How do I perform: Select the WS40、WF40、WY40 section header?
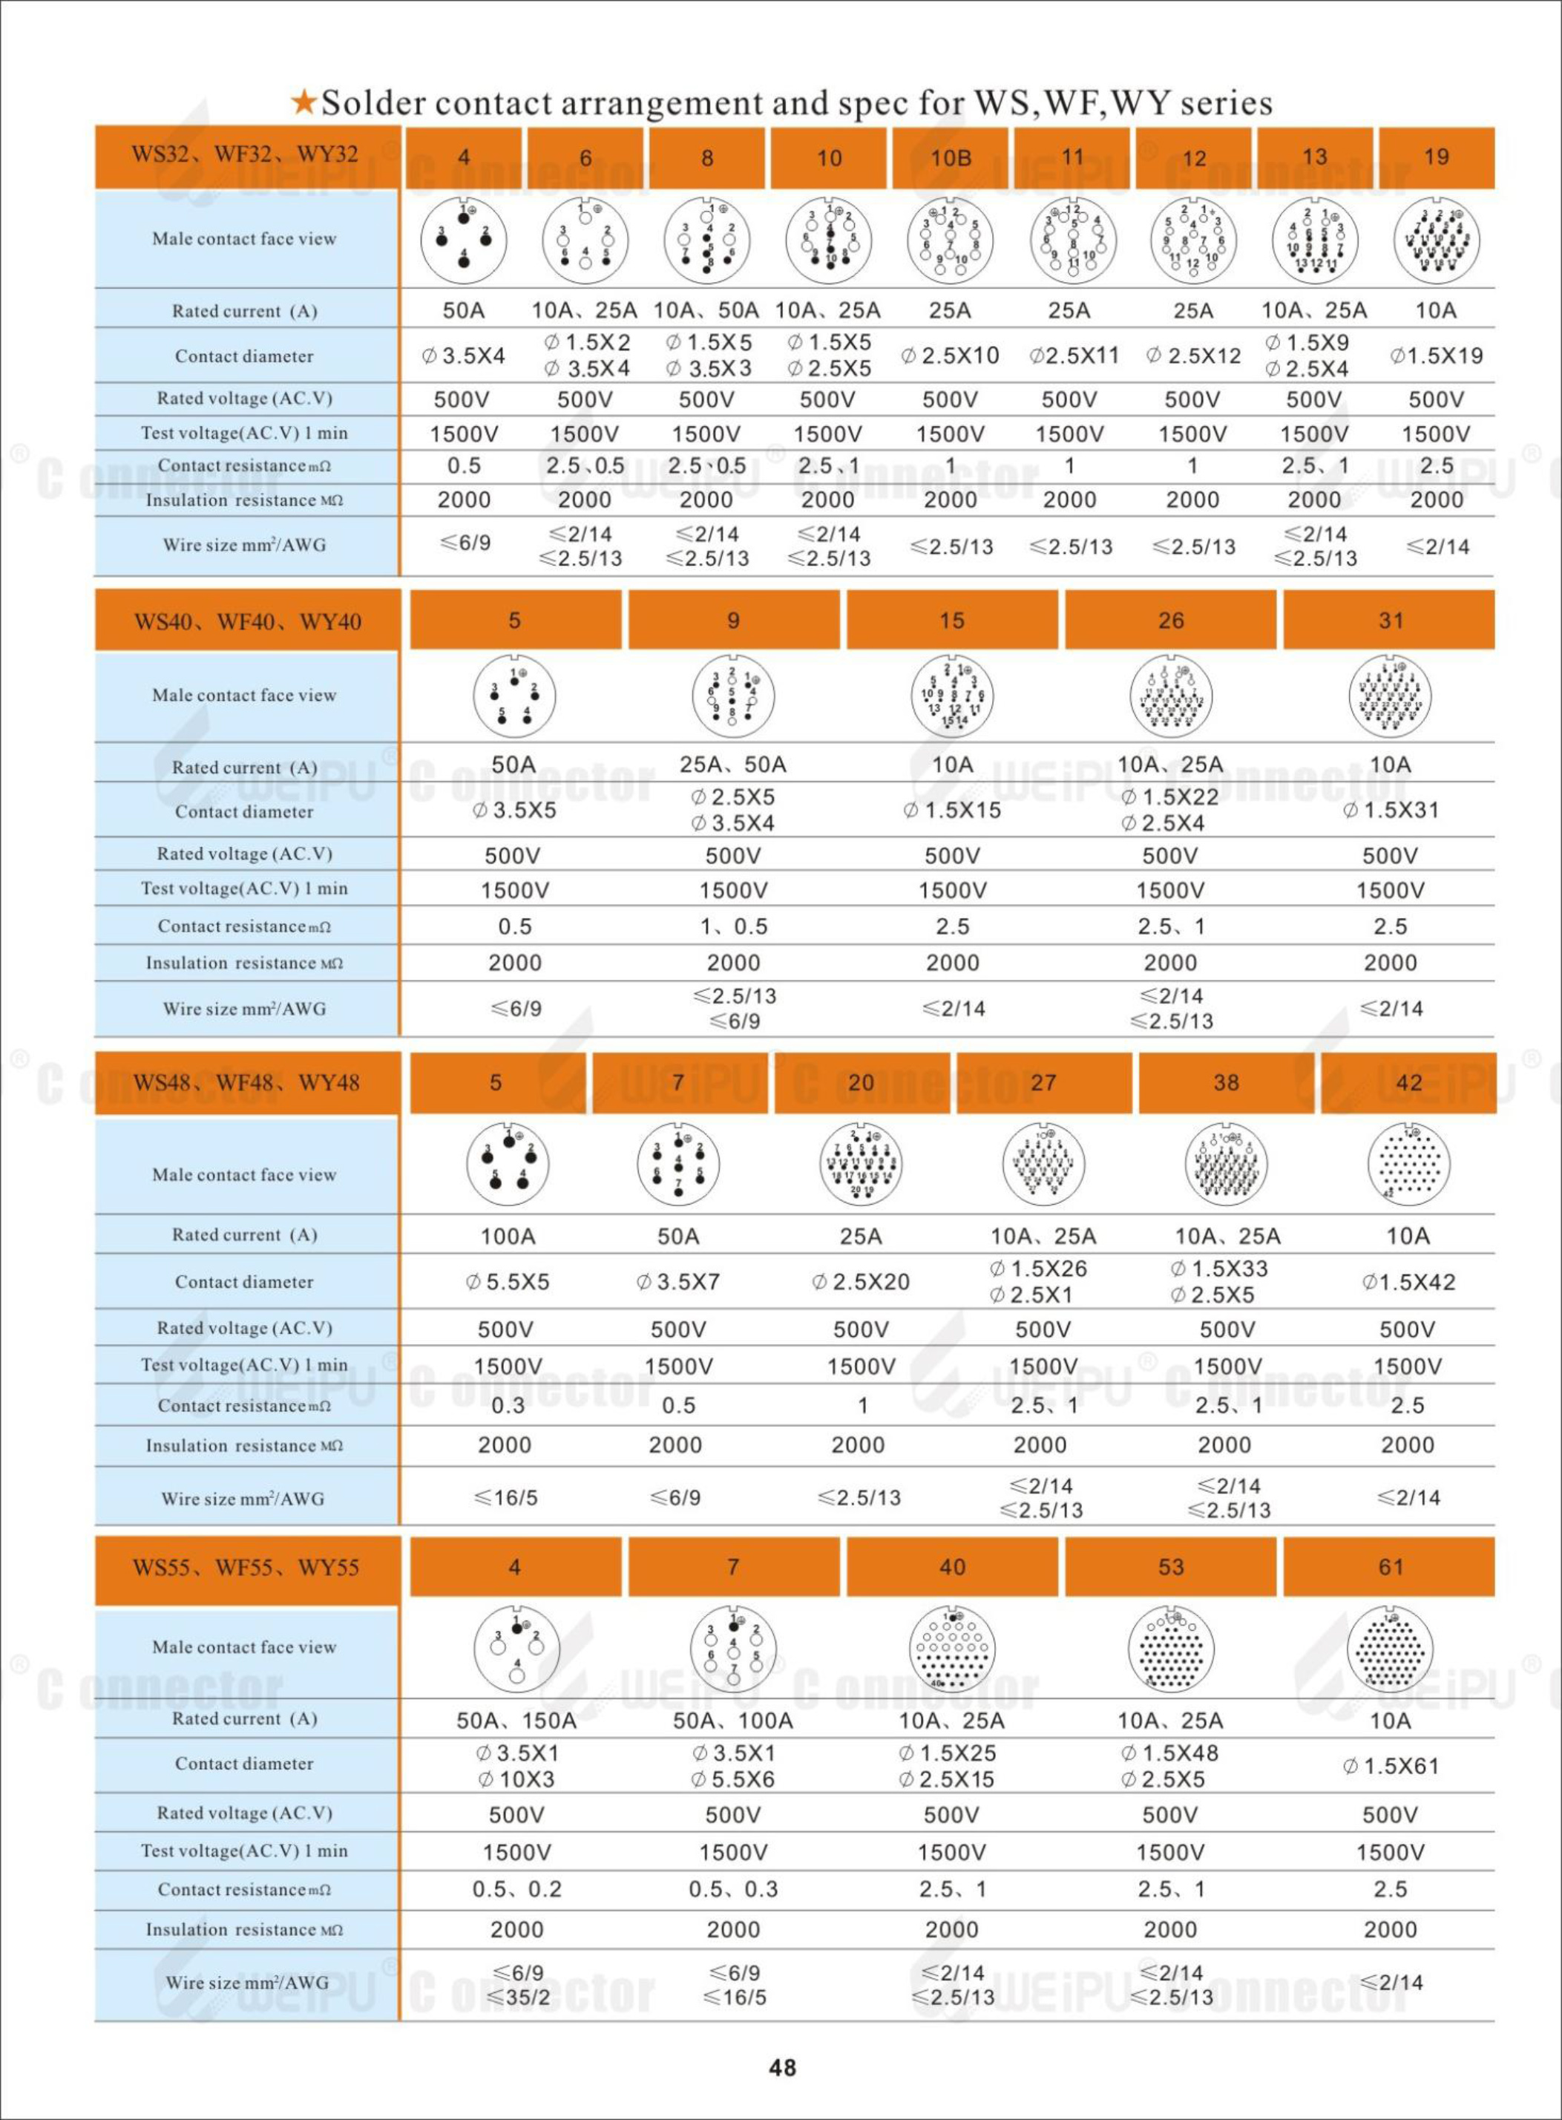pos(247,621)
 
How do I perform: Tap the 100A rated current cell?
pos(508,1236)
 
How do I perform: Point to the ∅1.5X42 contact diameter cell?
pos(1408,1282)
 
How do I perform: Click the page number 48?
pos(782,2067)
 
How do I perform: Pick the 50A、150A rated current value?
pos(516,1720)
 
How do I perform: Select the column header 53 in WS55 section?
pos(1170,1567)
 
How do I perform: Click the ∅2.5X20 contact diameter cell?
pos(861,1282)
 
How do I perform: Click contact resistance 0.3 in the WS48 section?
pos(508,1405)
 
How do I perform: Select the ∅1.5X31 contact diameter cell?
pos(1390,811)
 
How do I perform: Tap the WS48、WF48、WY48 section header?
pos(247,1083)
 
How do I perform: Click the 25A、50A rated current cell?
pos(733,764)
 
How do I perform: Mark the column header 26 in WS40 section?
pos(1170,621)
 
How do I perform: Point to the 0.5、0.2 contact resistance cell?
pos(516,1888)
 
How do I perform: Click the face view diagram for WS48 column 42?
pos(1408,1164)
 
